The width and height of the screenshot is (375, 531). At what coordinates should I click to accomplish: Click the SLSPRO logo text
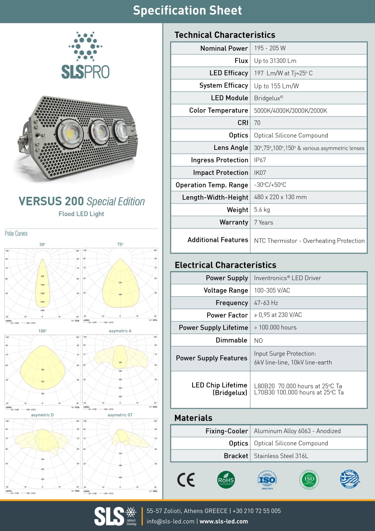(85, 72)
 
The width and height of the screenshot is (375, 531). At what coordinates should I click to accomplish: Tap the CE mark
(186, 480)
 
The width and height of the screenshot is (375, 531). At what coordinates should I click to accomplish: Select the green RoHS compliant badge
(226, 480)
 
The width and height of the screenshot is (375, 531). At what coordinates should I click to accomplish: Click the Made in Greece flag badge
(350, 479)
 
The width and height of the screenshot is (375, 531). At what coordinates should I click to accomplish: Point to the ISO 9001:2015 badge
(267, 480)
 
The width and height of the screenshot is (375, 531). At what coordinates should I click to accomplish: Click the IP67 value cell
(260, 160)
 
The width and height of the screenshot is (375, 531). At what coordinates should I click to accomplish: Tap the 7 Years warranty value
(263, 222)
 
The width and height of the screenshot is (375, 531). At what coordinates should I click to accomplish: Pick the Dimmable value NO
(258, 340)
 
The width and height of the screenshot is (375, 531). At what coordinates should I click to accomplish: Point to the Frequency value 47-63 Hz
(266, 303)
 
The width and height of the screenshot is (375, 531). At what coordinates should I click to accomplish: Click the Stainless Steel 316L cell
(281, 456)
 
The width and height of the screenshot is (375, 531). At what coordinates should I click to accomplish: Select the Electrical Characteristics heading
(225, 265)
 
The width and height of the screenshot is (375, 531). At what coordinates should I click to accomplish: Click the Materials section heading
(193, 418)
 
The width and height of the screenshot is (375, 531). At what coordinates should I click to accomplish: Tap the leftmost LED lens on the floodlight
(70, 132)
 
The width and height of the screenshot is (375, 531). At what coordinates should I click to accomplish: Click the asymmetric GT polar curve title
(120, 415)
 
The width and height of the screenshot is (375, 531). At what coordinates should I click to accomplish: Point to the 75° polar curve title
(120, 244)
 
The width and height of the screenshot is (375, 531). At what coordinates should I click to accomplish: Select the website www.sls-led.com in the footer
(224, 521)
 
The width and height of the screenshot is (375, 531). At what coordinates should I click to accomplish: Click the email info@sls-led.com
(171, 521)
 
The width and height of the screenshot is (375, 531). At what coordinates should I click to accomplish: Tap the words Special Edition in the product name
(116, 202)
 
